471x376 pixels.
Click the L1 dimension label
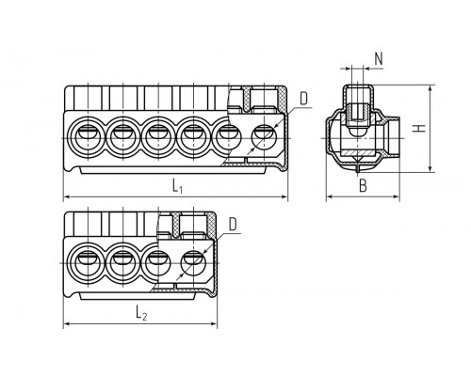click(177, 187)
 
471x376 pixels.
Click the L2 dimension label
click(141, 313)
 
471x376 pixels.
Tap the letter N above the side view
click(379, 58)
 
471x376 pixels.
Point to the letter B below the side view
click(363, 186)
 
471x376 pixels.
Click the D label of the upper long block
click(304, 99)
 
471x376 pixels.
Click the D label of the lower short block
click(233, 225)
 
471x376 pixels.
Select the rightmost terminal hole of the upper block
click(265, 138)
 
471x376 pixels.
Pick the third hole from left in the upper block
click(158, 138)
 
